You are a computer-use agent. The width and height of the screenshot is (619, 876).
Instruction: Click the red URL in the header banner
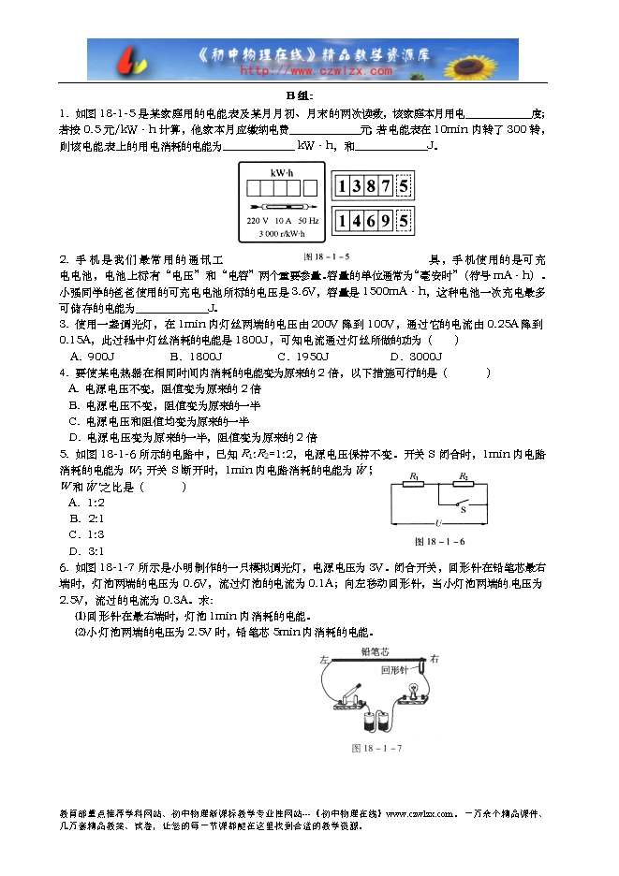tap(317, 70)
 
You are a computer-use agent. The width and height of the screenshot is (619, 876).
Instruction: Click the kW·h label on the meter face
tap(282, 174)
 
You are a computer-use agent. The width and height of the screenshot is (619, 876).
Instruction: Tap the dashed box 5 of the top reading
tap(404, 186)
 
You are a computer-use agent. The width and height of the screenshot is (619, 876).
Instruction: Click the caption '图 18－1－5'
tap(327, 255)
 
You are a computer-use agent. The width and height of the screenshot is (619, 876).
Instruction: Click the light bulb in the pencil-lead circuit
tap(409, 692)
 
